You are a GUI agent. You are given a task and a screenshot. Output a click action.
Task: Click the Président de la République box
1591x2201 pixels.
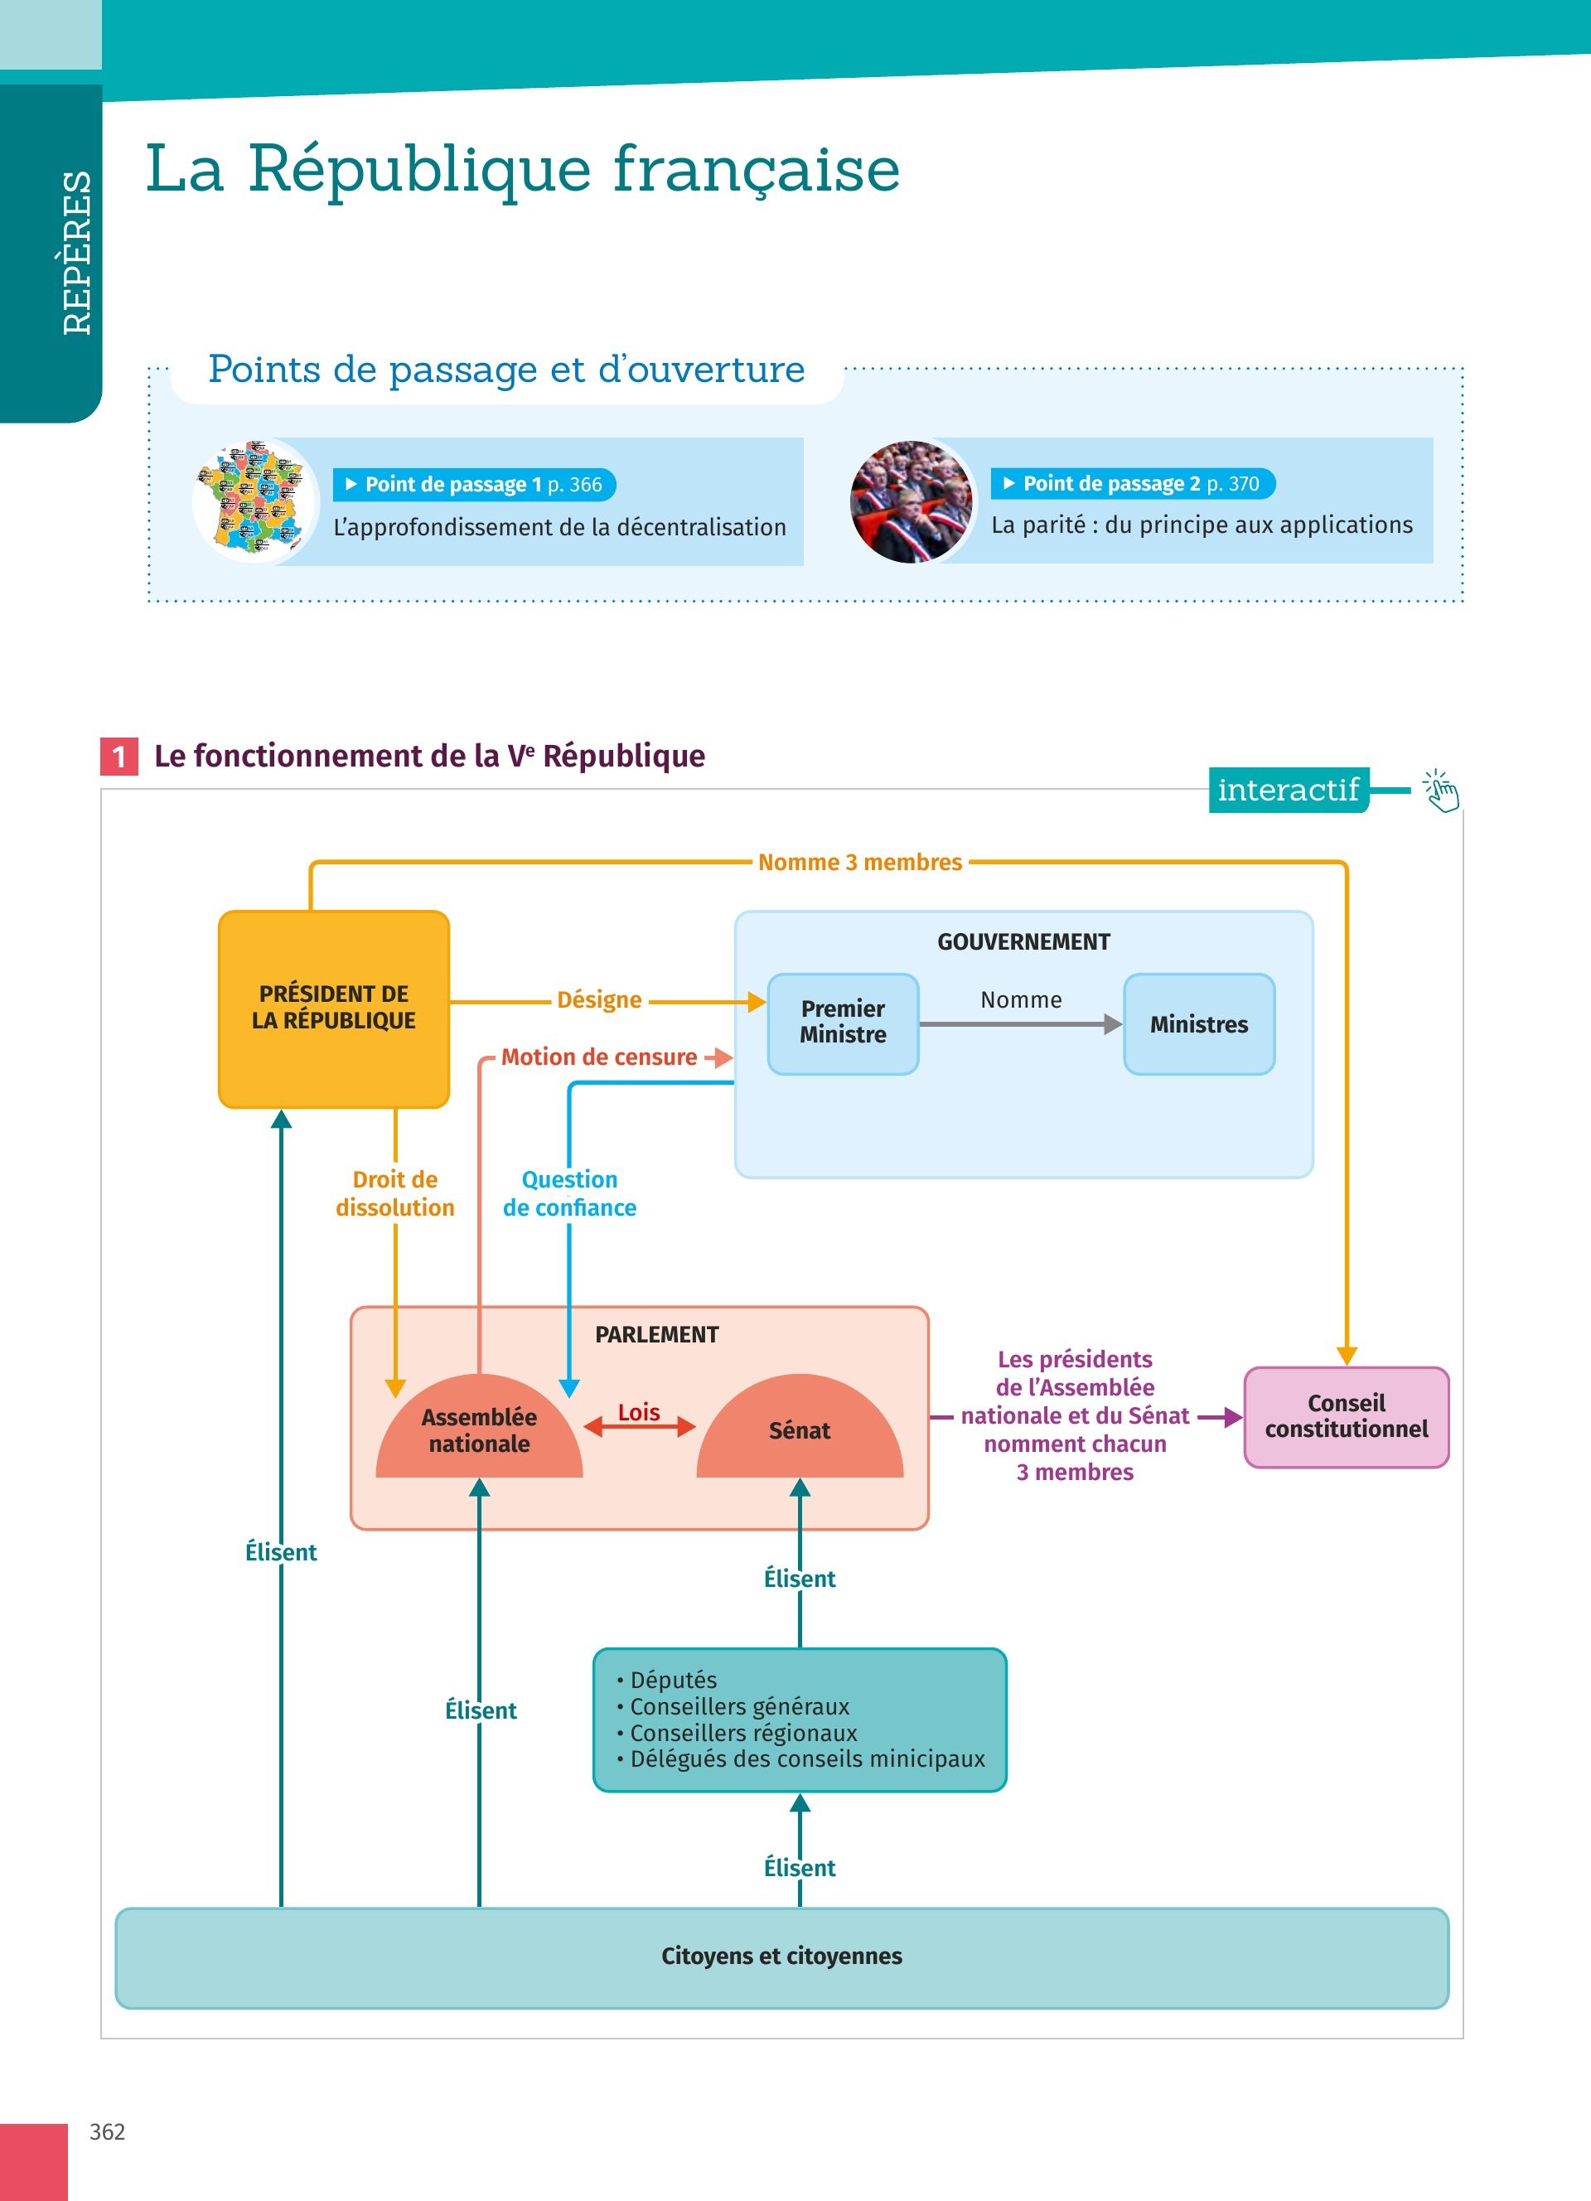[333, 1009]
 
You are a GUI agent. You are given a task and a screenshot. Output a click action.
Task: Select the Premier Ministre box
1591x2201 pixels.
[842, 1023]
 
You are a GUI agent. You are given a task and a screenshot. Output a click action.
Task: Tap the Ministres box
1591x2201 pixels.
[1198, 1023]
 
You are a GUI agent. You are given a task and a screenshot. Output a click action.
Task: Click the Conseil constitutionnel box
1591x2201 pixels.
[1346, 1417]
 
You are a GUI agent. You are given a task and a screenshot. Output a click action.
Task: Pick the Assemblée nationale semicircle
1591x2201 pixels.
[479, 1430]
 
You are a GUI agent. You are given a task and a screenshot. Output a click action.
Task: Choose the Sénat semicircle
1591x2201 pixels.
[800, 1430]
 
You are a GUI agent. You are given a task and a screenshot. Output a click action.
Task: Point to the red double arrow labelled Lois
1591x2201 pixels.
[640, 1426]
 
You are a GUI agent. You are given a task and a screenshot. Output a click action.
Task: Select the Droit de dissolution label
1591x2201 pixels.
[394, 1193]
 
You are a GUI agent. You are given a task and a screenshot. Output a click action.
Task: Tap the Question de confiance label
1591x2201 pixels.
[569, 1193]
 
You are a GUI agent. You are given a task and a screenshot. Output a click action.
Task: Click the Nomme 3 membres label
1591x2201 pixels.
[859, 862]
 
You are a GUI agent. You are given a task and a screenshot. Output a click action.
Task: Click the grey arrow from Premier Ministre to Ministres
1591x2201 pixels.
[1018, 1023]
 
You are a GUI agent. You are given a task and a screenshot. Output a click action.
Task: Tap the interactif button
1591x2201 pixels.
[1288, 790]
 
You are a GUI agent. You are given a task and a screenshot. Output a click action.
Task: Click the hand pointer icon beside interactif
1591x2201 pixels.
[1441, 791]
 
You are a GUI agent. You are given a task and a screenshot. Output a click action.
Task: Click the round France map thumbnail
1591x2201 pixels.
[254, 500]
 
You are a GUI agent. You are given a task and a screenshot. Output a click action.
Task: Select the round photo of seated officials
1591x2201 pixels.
[911, 501]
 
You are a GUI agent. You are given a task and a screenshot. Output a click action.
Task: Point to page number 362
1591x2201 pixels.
[108, 2131]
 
